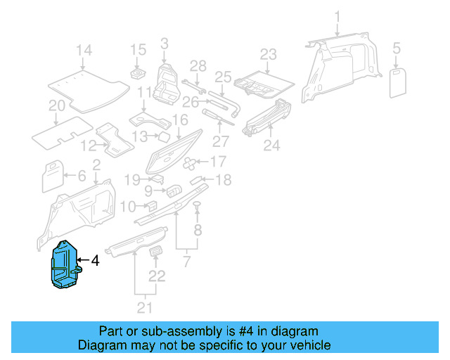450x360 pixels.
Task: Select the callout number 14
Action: pos(84,50)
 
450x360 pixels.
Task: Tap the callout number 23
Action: pos(269,54)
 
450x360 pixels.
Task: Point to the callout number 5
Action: pos(397,49)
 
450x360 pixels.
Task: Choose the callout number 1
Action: pos(337,15)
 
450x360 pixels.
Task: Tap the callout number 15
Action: pos(137,50)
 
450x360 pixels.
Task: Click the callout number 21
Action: pos(144,307)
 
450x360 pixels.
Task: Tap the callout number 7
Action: pos(186,262)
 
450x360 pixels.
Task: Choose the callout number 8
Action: pos(198,230)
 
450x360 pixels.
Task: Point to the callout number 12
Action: pos(88,146)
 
